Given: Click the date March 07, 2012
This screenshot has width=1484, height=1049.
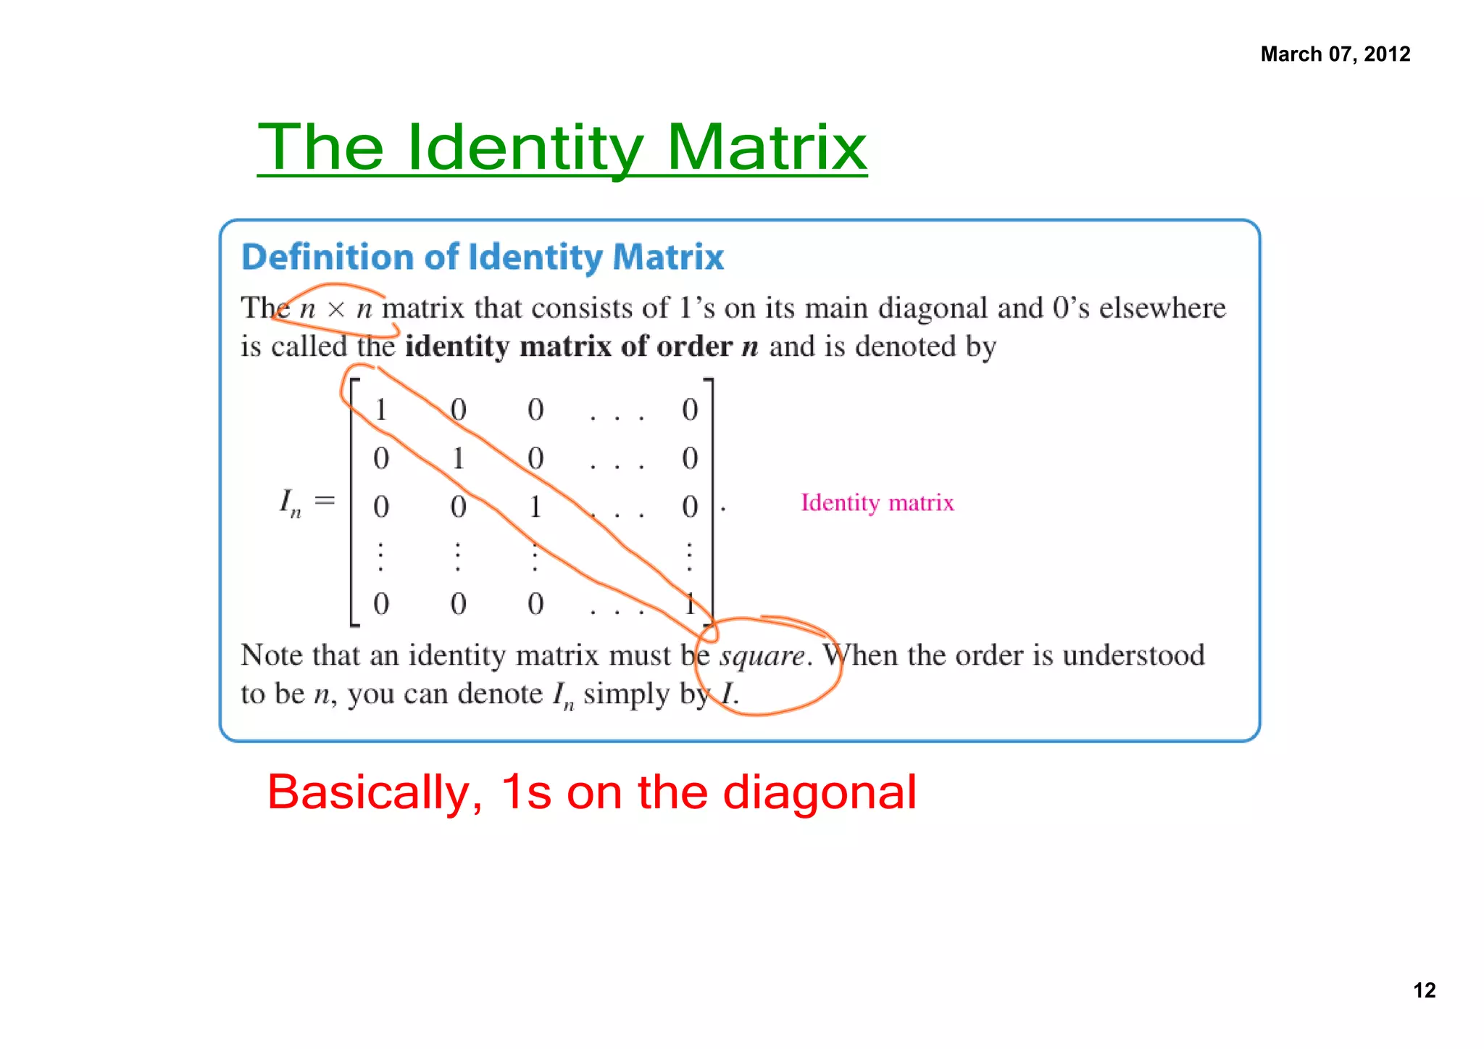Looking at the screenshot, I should [1335, 54].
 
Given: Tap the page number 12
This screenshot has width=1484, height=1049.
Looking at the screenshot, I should [1424, 990].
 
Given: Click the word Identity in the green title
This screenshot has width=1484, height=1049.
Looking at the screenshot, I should [525, 148].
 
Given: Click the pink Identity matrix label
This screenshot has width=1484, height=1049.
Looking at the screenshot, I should [877, 502].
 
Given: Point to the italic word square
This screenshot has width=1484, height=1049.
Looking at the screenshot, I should [761, 655].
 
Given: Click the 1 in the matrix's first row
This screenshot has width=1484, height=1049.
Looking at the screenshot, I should [380, 410].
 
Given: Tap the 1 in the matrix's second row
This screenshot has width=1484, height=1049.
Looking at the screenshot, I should [458, 459].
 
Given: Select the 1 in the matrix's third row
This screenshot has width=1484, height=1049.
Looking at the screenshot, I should [535, 507].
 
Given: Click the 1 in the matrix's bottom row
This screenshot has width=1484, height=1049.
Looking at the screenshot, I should [690, 604].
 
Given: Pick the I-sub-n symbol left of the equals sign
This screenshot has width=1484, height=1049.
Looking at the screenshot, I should [290, 502].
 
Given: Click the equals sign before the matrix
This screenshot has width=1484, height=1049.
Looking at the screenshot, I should [325, 500].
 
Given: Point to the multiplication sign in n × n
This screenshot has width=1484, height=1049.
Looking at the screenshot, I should [335, 310].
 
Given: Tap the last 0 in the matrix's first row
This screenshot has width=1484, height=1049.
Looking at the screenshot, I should [690, 410].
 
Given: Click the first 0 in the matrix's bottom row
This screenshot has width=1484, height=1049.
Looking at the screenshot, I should [381, 604].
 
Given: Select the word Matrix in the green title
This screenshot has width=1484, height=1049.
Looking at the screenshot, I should [766, 148].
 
